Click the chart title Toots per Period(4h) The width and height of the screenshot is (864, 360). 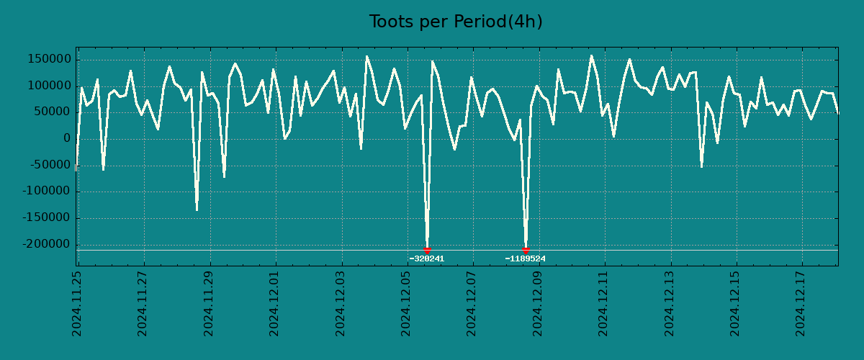click(456, 22)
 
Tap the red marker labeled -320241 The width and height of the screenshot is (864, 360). click(427, 250)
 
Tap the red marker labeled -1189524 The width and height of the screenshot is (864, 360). click(526, 250)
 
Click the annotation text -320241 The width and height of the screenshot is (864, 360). click(427, 259)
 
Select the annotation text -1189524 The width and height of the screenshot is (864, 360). click(526, 259)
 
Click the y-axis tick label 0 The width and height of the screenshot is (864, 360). click(67, 139)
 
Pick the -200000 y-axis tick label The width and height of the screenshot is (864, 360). click(45, 245)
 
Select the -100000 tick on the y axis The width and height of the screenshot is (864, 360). click(45, 192)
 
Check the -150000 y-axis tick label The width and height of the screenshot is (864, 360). click(45, 218)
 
